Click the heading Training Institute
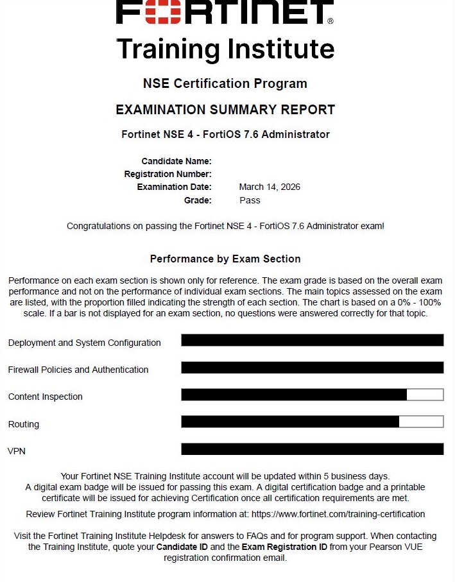point(225,49)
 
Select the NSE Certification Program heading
point(225,83)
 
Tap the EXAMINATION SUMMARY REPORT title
point(225,110)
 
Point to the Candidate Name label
point(176,161)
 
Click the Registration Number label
point(167,174)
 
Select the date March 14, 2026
point(270,187)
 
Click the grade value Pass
point(250,200)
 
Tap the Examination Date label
point(174,187)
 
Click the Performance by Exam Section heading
point(225,259)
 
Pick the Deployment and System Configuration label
point(84,343)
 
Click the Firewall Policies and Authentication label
point(78,370)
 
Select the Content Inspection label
point(45,397)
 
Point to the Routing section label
point(23,424)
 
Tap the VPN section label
point(17,451)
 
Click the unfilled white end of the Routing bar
point(421,422)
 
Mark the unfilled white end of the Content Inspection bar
point(425,395)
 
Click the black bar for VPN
point(312,449)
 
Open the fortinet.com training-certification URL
point(338,514)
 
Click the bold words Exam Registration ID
point(284,547)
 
